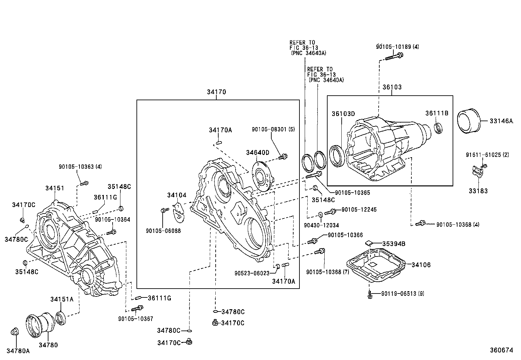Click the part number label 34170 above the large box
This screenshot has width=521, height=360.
(216, 92)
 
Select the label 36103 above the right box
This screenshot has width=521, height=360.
(392, 87)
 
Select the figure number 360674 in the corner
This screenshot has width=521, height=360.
(501, 350)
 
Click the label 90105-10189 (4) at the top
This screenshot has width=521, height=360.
(397, 47)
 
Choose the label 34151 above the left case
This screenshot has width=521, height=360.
(55, 188)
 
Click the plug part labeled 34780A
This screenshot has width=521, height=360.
(15, 332)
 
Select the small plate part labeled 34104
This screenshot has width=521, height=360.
(179, 212)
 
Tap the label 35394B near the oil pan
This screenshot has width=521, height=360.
(394, 244)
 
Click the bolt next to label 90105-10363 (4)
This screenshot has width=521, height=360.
(84, 183)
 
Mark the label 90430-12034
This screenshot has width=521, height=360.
(321, 225)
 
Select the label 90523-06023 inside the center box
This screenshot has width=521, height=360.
(252, 273)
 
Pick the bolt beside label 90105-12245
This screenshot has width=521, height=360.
(332, 211)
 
